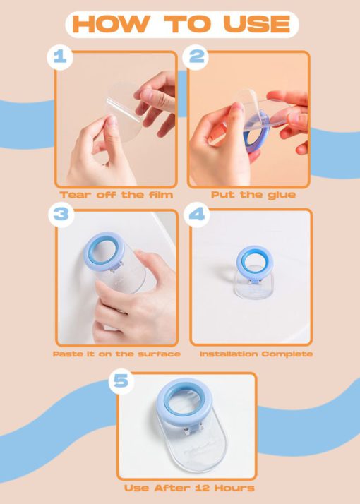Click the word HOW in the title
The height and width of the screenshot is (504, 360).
[x=112, y=24]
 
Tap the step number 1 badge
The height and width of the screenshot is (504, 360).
[x=60, y=58]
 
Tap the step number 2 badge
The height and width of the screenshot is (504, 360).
[x=196, y=57]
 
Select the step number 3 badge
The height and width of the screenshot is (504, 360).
[x=61, y=215]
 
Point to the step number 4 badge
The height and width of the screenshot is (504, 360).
[x=197, y=214]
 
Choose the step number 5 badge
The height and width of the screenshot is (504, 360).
[x=121, y=381]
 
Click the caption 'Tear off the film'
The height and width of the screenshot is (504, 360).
[x=116, y=195]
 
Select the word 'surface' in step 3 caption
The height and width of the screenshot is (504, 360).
[x=159, y=354]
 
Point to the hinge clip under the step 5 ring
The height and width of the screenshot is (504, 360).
[x=193, y=428]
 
